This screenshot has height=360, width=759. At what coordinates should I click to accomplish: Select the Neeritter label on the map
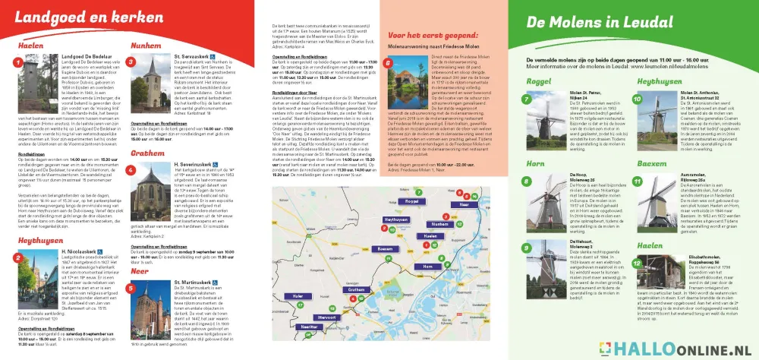309,327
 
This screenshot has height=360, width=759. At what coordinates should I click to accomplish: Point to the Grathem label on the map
357,290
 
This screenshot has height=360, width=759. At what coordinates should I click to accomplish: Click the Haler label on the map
298,296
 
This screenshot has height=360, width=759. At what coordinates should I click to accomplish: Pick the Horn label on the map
427,267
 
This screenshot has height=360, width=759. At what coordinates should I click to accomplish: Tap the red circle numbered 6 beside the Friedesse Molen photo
389,65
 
